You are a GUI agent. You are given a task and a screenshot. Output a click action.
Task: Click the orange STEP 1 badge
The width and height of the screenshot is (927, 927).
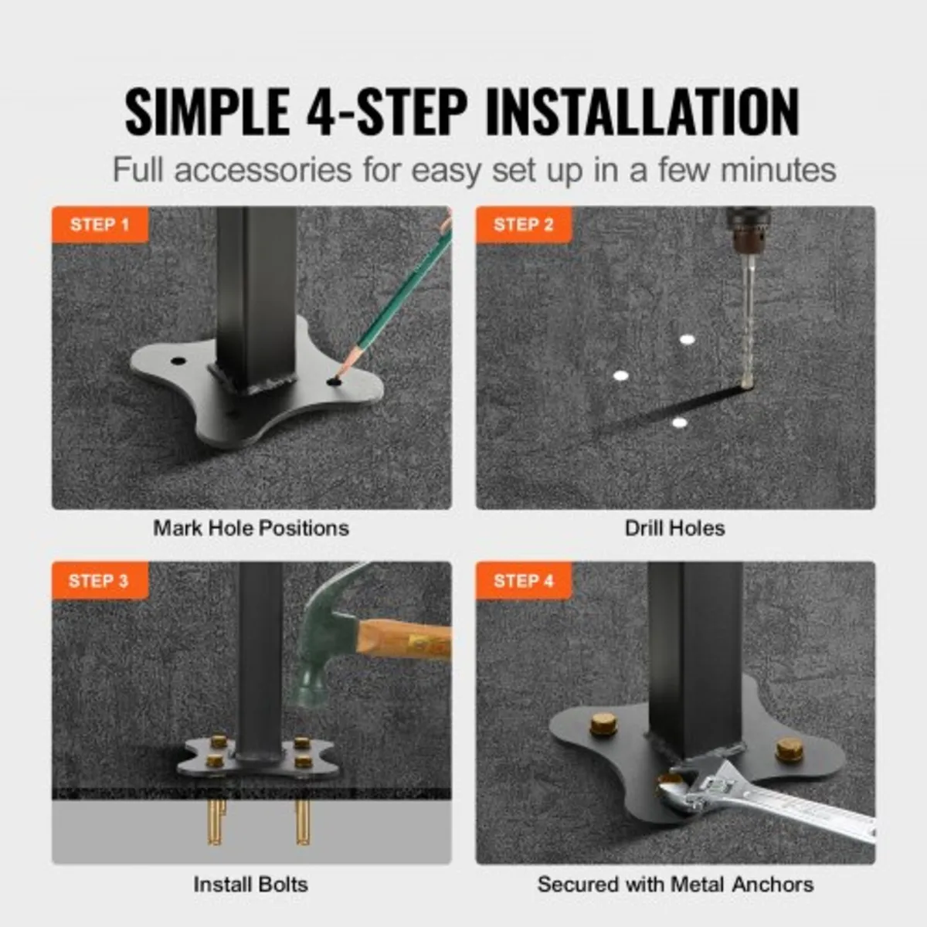click(x=100, y=225)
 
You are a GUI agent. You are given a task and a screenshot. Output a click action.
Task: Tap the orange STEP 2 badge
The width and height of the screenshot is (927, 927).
click(x=523, y=225)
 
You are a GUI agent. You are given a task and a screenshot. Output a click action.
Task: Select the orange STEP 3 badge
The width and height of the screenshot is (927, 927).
click(x=99, y=581)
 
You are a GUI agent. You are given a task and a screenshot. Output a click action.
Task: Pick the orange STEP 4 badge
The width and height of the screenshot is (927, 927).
click(x=523, y=581)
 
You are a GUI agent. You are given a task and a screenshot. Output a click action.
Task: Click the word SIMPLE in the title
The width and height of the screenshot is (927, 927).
click(x=207, y=113)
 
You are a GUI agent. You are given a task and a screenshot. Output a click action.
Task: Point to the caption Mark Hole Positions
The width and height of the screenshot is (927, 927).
click(x=251, y=528)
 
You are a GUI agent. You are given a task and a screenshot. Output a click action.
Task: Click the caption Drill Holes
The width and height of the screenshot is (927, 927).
click(x=674, y=528)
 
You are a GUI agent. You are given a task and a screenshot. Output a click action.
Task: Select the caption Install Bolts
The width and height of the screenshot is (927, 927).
click(x=251, y=885)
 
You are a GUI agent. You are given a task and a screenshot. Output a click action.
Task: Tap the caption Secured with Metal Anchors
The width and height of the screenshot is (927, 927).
click(x=675, y=885)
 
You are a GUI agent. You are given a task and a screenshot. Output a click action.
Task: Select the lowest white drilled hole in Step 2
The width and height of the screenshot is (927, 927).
click(x=679, y=423)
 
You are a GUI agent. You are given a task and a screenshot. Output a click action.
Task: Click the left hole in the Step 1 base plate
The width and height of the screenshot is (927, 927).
click(x=178, y=361)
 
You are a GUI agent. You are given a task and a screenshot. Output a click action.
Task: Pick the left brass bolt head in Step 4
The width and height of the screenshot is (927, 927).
click(x=604, y=725)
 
